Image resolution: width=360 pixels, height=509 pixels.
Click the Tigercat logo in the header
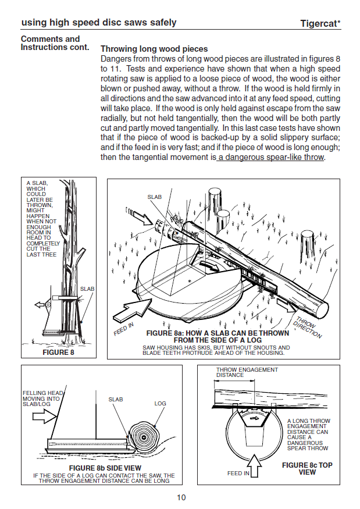point(320,24)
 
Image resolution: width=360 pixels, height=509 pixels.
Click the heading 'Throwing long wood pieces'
point(154,49)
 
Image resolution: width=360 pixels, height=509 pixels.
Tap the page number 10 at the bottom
point(181,497)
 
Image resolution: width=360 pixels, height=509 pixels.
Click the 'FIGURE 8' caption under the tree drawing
point(58,352)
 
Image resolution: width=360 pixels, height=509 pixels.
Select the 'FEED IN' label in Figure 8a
point(123,329)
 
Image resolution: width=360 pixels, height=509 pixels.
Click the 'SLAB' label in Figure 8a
point(154,197)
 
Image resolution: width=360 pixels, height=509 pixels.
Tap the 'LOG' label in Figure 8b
point(161,403)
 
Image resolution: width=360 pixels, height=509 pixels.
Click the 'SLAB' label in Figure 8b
point(116,399)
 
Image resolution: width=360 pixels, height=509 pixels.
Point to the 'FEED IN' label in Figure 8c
point(238,474)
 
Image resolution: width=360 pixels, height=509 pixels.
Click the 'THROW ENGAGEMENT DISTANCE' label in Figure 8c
point(247,372)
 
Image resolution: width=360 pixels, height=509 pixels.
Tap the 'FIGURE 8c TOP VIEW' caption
point(307,469)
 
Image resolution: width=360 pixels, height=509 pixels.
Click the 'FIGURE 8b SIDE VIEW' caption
point(105,468)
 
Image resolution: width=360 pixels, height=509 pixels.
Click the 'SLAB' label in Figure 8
point(87,289)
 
